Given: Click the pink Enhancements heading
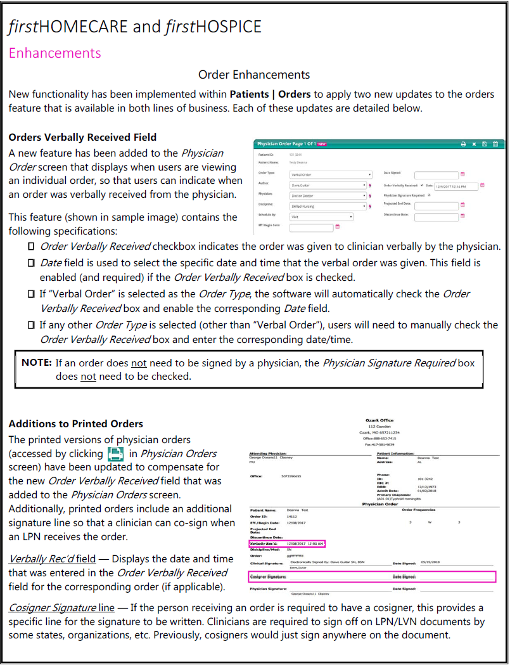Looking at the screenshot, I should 54,53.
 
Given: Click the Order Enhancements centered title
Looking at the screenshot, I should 254,75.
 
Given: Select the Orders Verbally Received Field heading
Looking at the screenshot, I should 82,137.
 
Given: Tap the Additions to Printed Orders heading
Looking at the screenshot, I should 75,423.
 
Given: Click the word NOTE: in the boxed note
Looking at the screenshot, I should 36,363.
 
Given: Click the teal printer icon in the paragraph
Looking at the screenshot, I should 115,453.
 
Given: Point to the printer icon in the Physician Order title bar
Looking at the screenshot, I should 463,144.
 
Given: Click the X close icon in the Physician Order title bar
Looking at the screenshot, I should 474,144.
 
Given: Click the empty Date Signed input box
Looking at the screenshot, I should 436,174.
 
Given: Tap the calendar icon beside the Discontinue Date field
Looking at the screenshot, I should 463,217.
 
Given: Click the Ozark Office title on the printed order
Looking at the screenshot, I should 379,420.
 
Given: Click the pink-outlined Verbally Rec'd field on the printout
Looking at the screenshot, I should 287,543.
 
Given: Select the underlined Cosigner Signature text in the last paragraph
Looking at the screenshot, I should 53,607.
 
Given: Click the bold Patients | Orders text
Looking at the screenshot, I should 270,94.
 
